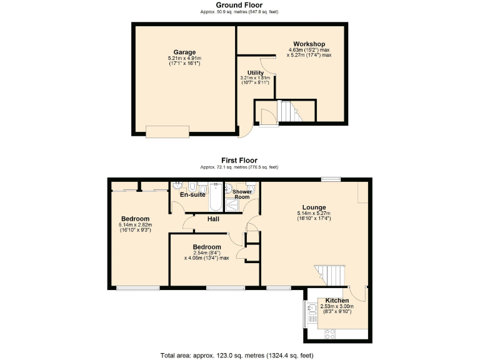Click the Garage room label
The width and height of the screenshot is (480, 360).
pos(184,52)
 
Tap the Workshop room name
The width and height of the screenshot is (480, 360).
pos(309,43)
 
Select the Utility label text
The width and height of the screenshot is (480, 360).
pos(255,72)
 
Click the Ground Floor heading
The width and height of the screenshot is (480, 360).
pos(239,5)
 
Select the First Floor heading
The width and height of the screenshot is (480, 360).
pos(239,161)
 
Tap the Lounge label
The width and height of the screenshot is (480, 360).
pos(314,207)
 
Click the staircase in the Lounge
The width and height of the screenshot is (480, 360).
pos(329,273)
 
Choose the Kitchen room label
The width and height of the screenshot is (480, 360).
pos(337,301)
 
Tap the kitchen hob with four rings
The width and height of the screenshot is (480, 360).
pos(329,336)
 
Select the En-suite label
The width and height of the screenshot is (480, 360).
pos(192,195)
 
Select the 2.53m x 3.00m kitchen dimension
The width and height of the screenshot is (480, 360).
pos(337,307)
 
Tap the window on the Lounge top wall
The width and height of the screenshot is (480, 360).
pos(330,179)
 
